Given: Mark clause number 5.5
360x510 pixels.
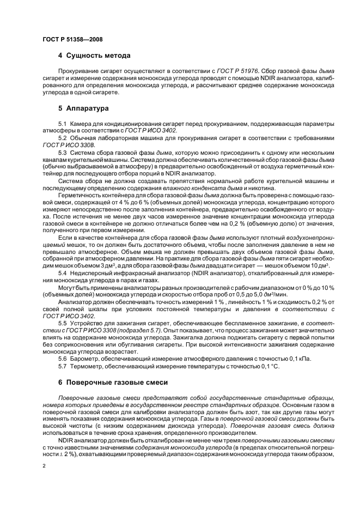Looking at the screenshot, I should [62, 323].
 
